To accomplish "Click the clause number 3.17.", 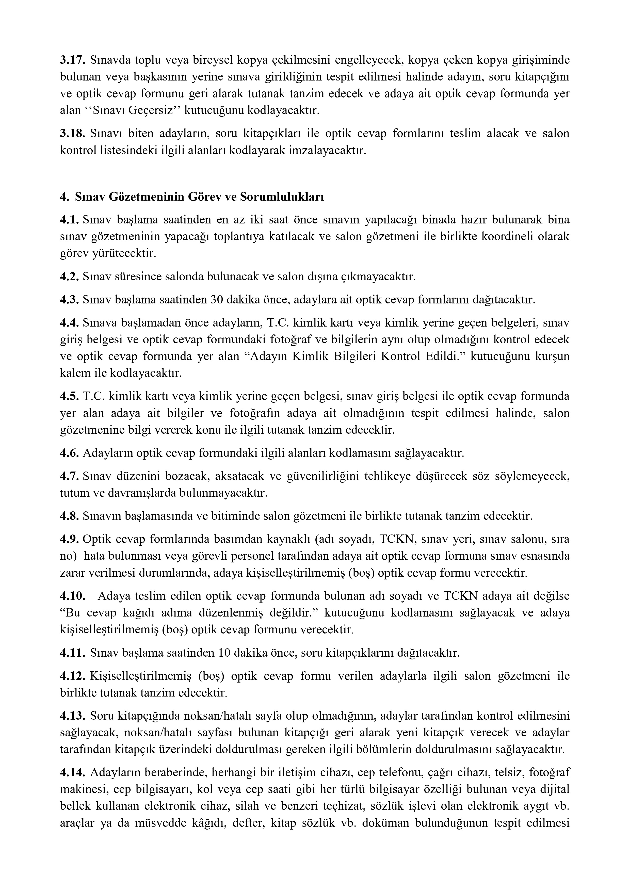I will click(x=73, y=60).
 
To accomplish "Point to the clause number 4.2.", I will click(x=70, y=277).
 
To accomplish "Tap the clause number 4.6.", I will click(x=70, y=453).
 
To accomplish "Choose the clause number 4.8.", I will click(x=70, y=516).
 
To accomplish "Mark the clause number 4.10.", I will click(x=73, y=596).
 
